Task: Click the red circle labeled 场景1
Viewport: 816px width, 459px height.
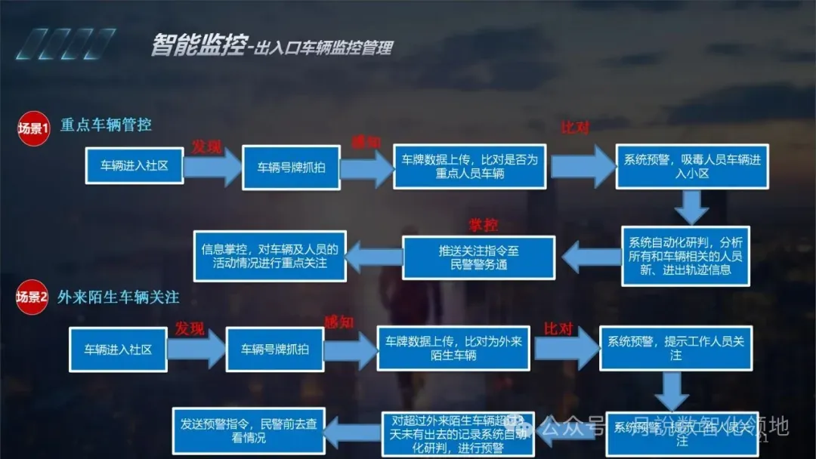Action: (x=32, y=128)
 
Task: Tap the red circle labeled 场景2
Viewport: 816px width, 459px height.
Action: (x=32, y=297)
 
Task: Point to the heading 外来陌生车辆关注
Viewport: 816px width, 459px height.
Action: (x=119, y=297)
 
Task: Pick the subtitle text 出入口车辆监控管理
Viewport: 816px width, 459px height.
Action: (x=324, y=49)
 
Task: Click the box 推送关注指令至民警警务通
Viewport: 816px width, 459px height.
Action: (x=478, y=257)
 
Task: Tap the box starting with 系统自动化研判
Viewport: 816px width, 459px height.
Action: (x=685, y=256)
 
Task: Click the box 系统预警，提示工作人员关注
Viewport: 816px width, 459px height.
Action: (x=675, y=348)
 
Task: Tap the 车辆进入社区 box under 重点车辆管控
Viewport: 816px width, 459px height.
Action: (x=134, y=166)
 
